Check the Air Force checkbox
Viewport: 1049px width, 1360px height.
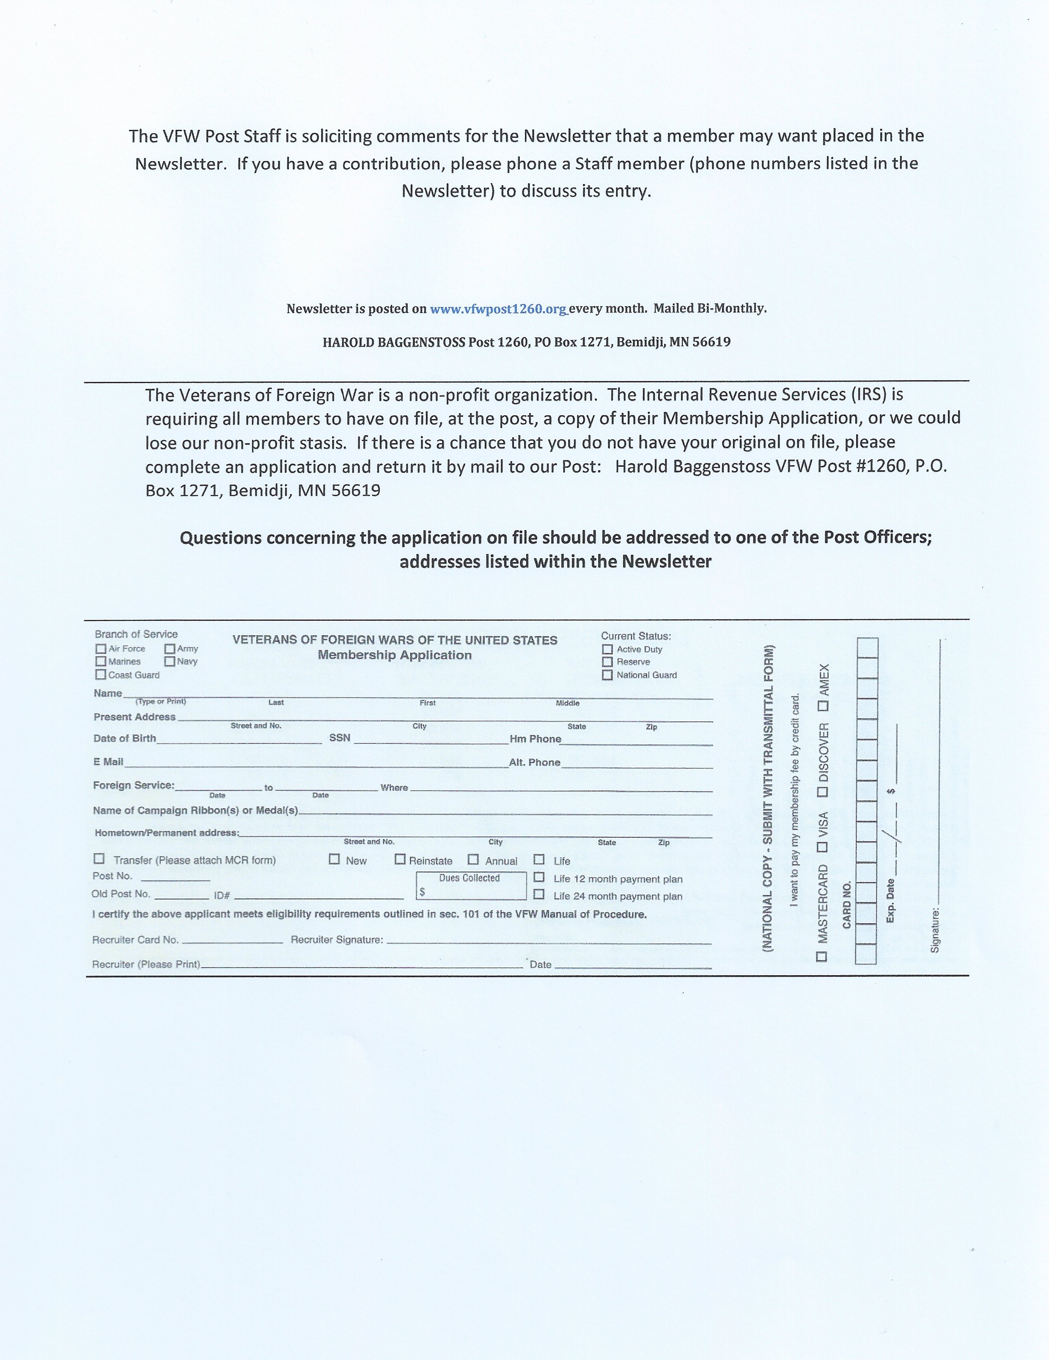[x=101, y=649]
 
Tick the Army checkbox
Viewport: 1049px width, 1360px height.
[x=170, y=648]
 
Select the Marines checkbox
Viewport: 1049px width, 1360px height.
[x=101, y=661]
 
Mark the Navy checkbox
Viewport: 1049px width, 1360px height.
[x=170, y=661]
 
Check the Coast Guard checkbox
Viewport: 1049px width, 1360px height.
[x=101, y=675]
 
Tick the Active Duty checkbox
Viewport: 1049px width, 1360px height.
[x=607, y=650]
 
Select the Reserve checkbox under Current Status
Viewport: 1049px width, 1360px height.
[x=607, y=662]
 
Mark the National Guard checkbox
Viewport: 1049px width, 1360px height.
[x=607, y=675]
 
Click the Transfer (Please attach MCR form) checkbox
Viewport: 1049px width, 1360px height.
[x=99, y=859]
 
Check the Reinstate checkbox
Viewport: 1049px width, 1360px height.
[x=400, y=859]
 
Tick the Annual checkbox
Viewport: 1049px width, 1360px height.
[x=473, y=859]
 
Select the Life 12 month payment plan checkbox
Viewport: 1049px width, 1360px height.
[x=539, y=877]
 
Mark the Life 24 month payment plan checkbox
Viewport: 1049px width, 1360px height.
[x=539, y=895]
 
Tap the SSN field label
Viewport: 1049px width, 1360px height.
[x=340, y=738]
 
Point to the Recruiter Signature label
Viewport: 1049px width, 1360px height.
[x=337, y=940]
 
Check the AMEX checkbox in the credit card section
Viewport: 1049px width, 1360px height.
[x=823, y=706]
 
